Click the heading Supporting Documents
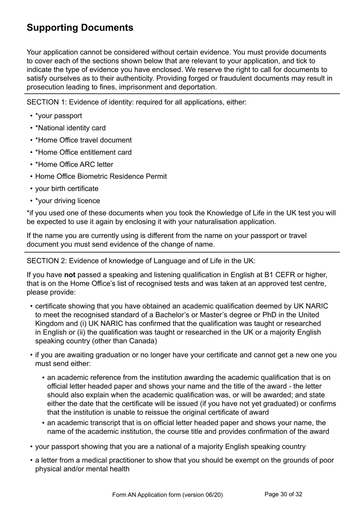(x=80, y=28)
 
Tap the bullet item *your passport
(x=58, y=116)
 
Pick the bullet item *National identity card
(x=70, y=128)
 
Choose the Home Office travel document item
(x=83, y=140)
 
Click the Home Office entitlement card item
(x=83, y=152)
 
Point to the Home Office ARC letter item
(x=74, y=164)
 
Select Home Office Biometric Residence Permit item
(x=101, y=176)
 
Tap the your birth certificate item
(x=67, y=189)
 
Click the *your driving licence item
(x=67, y=201)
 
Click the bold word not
(x=70, y=275)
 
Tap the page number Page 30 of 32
(x=283, y=494)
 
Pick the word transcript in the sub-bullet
(x=105, y=423)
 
